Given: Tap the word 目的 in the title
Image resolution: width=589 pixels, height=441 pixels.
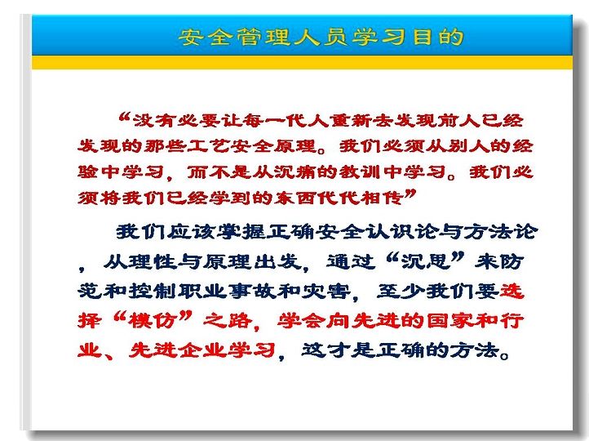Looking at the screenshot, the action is tap(438, 37).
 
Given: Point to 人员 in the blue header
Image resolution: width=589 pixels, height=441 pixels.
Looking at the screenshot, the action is tap(321, 37).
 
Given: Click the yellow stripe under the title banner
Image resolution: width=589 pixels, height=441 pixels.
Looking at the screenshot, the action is tap(302, 62).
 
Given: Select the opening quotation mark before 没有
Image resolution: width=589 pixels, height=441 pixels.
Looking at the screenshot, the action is tap(124, 118).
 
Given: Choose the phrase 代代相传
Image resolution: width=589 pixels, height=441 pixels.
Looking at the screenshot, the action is tap(361, 197).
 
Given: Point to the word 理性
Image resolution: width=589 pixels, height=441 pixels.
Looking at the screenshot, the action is tap(152, 261).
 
